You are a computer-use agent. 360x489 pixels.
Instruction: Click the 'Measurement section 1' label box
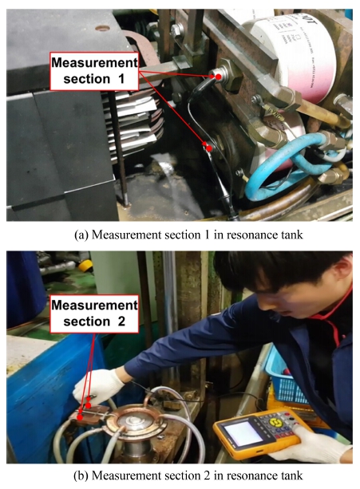pyautogui.click(x=94, y=71)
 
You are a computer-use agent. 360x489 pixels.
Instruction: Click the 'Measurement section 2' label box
pyautogui.click(x=94, y=314)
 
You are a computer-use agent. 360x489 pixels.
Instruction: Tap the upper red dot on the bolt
pyautogui.click(x=219, y=77)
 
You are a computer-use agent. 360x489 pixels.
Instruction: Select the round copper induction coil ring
pyautogui.click(x=135, y=422)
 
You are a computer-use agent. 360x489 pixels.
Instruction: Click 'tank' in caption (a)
pyautogui.click(x=291, y=235)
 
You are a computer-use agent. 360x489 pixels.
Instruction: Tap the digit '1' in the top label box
pyautogui.click(x=121, y=79)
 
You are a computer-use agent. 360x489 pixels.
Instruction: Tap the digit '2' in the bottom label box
pyautogui.click(x=121, y=321)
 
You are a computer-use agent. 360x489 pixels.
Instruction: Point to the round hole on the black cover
pyautogui.click(x=102, y=29)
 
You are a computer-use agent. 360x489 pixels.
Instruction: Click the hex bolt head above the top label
pyautogui.click(x=177, y=30)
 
